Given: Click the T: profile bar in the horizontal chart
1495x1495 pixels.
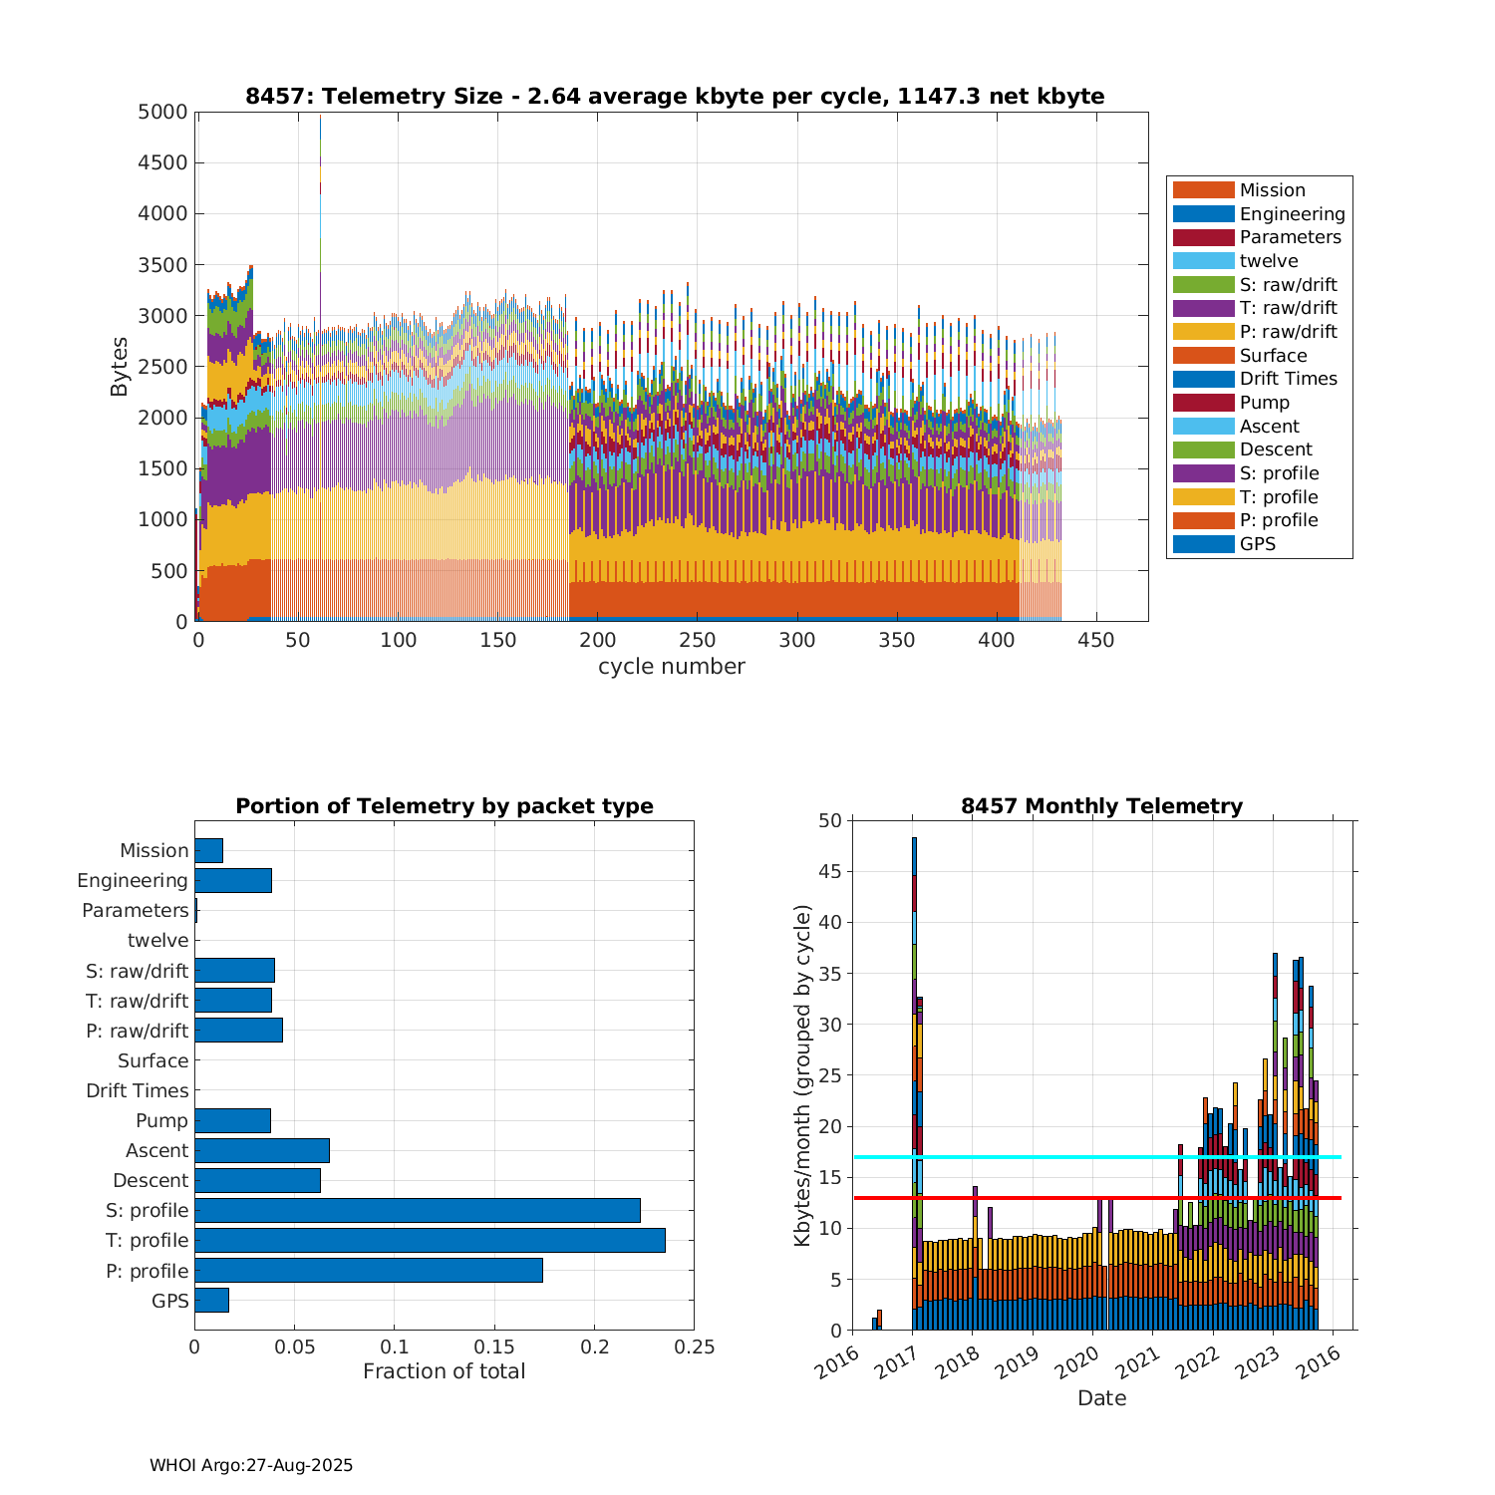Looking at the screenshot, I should [x=430, y=1240].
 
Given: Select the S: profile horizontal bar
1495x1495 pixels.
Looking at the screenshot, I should [x=417, y=1210].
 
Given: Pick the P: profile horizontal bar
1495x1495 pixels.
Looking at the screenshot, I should [x=368, y=1270].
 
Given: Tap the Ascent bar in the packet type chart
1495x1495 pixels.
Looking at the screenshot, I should [x=261, y=1150].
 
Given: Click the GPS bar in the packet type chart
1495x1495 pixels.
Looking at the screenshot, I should [x=211, y=1300].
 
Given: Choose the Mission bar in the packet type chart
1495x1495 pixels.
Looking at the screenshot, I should [x=208, y=850].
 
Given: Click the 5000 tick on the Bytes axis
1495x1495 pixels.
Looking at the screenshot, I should [x=161, y=112].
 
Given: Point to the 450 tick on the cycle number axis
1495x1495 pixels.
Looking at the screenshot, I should [x=1096, y=640].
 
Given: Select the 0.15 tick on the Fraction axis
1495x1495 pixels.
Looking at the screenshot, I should [x=494, y=1347].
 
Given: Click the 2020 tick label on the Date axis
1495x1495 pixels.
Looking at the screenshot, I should [x=1076, y=1363].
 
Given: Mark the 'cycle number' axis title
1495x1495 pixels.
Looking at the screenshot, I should [x=671, y=667].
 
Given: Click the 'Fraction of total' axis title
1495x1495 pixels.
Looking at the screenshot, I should [x=444, y=1371].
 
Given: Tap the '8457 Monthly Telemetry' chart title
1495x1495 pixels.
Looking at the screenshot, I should [x=1101, y=805].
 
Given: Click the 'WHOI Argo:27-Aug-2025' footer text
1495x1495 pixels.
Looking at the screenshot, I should [x=251, y=1465].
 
